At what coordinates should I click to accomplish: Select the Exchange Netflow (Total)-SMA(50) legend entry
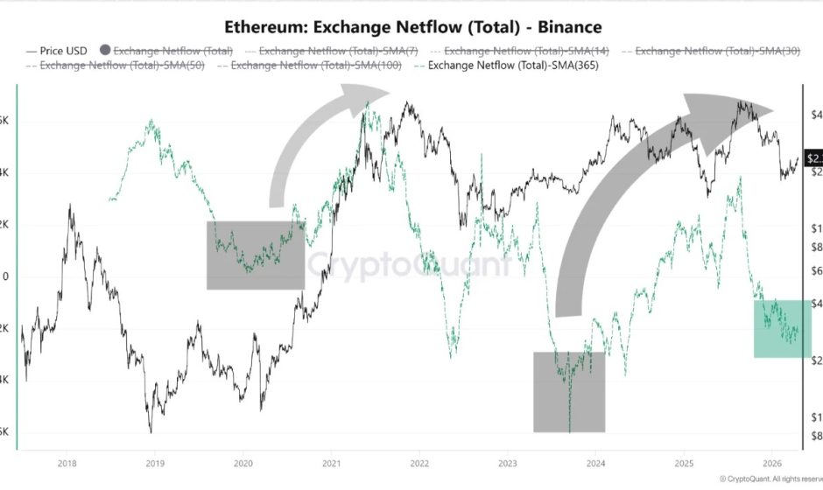pyautogui.click(x=115, y=66)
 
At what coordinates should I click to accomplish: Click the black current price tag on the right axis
pyautogui.click(x=814, y=158)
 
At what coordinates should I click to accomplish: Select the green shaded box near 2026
pyautogui.click(x=782, y=328)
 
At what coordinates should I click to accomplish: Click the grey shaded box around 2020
pyautogui.click(x=255, y=255)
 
